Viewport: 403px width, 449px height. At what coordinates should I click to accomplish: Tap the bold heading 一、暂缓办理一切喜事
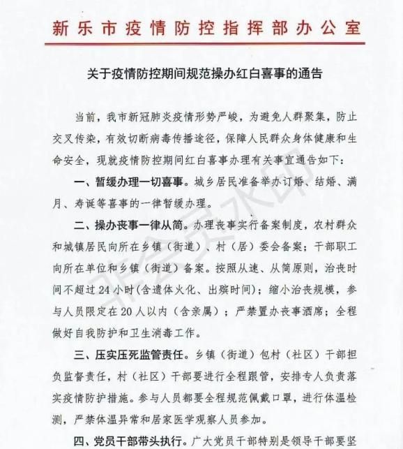point(126,184)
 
